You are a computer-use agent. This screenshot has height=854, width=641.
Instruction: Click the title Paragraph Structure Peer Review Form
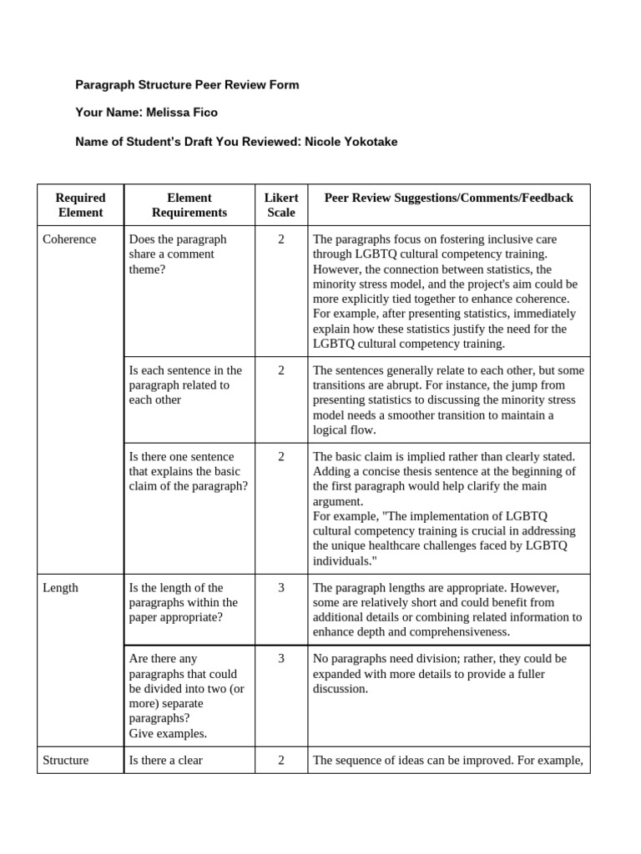point(187,85)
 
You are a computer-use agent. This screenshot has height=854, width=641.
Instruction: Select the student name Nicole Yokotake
point(351,142)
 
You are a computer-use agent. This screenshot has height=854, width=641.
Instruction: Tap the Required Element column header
point(80,205)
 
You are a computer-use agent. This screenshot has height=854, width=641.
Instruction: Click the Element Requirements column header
point(189,205)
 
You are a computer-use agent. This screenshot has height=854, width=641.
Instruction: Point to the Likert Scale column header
point(280,205)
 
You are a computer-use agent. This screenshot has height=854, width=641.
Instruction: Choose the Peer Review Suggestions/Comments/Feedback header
point(448,198)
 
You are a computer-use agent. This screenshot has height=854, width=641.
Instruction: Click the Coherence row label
point(69,239)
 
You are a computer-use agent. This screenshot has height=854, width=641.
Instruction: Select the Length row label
point(60,588)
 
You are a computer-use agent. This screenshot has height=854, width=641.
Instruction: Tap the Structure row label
point(65,760)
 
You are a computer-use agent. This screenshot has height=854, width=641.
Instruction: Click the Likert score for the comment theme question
point(281,239)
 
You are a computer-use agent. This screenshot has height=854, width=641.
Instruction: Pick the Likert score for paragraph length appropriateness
point(281,588)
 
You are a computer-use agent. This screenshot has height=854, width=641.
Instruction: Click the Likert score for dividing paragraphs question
point(281,659)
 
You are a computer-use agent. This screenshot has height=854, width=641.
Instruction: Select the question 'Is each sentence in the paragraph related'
point(185,385)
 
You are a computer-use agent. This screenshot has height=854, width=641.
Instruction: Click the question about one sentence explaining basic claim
point(189,472)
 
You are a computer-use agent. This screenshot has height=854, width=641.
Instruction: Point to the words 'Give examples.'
point(168,734)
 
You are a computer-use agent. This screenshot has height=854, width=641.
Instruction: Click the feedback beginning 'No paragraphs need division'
point(439,674)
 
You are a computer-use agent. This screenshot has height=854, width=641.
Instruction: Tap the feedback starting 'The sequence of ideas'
point(447,760)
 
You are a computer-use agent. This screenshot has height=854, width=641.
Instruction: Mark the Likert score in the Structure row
point(281,760)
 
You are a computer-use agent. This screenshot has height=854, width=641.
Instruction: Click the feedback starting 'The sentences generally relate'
point(448,400)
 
